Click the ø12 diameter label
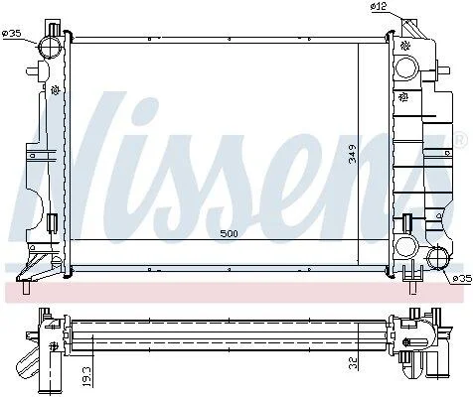[379, 6]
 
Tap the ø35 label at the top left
[12, 33]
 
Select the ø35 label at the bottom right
[462, 279]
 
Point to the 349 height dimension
[353, 154]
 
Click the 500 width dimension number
[230, 233]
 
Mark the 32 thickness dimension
[354, 363]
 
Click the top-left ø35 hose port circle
[50, 48]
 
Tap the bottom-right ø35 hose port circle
[438, 258]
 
